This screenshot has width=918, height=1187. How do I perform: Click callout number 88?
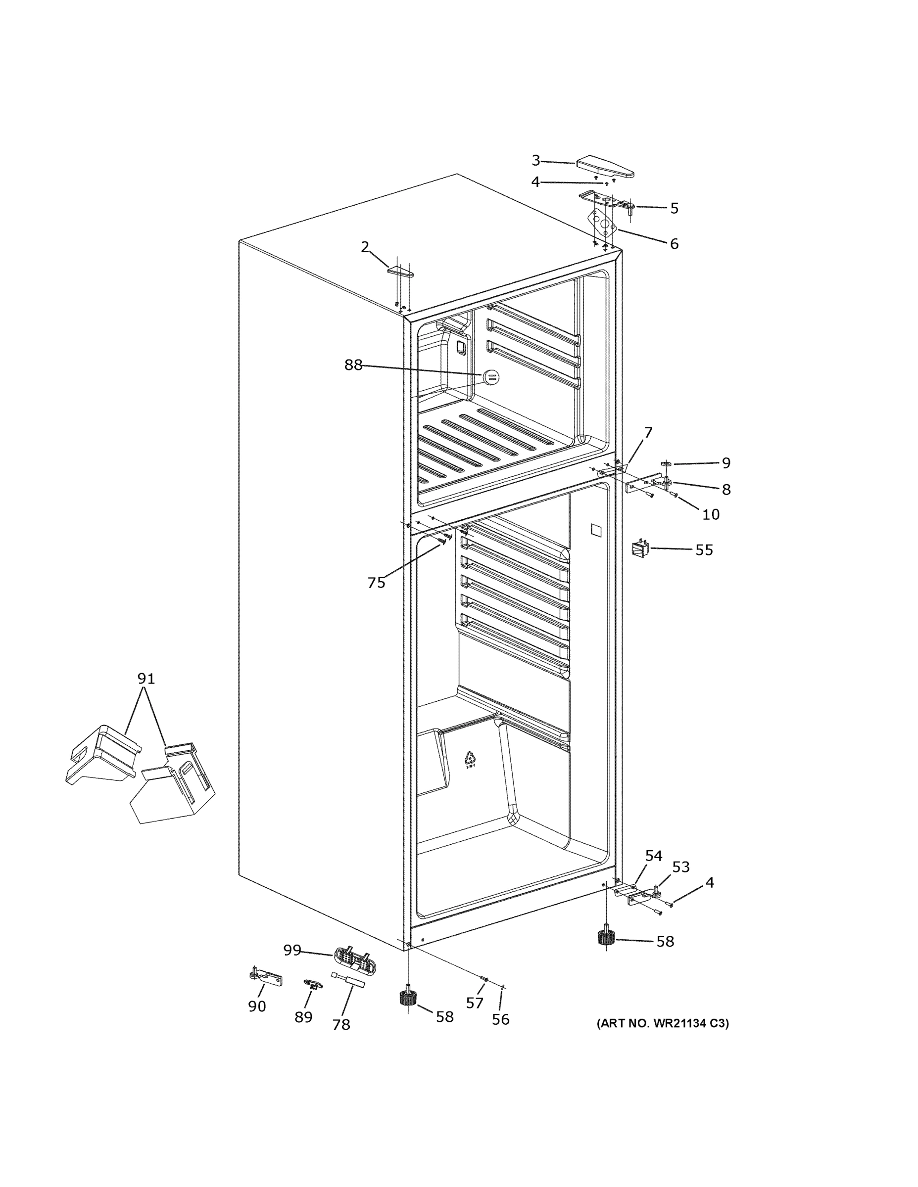tap(353, 365)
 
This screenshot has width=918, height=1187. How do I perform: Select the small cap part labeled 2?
tap(400, 271)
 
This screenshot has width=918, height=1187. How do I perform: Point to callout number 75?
tap(376, 583)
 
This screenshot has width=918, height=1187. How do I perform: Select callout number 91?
tap(146, 678)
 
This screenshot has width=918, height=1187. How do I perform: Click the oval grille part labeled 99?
tap(355, 958)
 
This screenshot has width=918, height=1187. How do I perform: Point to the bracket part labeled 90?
tap(266, 978)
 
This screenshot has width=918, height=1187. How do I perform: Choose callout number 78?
tap(341, 1024)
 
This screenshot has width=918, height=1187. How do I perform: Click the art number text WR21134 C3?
tap(663, 1023)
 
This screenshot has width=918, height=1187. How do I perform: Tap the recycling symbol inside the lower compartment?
tap(470, 759)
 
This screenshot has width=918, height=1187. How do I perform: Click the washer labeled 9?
tap(667, 463)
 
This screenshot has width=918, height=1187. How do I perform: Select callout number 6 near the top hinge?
tap(674, 244)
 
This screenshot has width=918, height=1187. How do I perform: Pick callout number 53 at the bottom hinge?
tap(680, 867)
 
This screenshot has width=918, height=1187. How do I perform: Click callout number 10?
tap(710, 514)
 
